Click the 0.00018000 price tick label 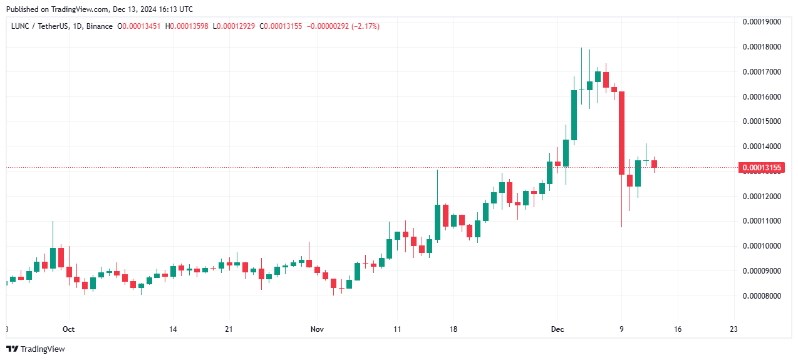[x=762, y=47]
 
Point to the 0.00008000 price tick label [x=762, y=296]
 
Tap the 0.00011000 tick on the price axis [x=762, y=221]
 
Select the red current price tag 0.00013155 [x=761, y=168]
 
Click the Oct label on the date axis [x=68, y=329]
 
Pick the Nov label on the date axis [x=317, y=329]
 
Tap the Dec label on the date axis [x=557, y=329]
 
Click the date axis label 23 [x=733, y=329]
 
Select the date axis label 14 [x=173, y=329]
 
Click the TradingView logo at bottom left [x=36, y=349]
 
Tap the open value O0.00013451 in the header [x=141, y=26]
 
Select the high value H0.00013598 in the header [x=187, y=26]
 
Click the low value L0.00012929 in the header [x=234, y=26]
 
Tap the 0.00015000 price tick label [x=762, y=121]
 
